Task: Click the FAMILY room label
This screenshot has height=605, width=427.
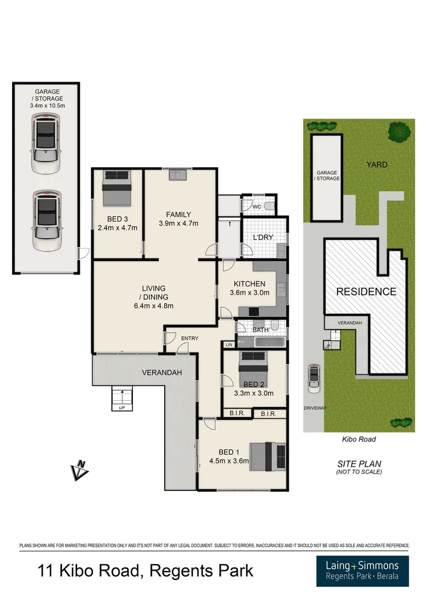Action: tap(178, 215)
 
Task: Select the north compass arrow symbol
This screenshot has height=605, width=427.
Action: tap(79, 470)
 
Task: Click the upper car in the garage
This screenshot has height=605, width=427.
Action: tap(46, 143)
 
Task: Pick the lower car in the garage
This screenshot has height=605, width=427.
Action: tap(46, 221)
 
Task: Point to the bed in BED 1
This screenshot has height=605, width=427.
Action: tap(268, 455)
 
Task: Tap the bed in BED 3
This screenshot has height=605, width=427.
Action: tap(117, 189)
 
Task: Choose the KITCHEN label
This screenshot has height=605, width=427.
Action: tap(249, 284)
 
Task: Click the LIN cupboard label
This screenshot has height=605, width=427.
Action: tap(229, 344)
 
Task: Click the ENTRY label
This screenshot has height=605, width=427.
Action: tap(189, 338)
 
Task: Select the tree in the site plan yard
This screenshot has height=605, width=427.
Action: tap(400, 132)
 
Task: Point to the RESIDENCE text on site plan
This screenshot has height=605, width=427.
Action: tap(365, 292)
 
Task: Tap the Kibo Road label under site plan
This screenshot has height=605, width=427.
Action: tap(358, 439)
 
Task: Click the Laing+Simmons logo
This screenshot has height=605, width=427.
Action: tap(362, 571)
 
